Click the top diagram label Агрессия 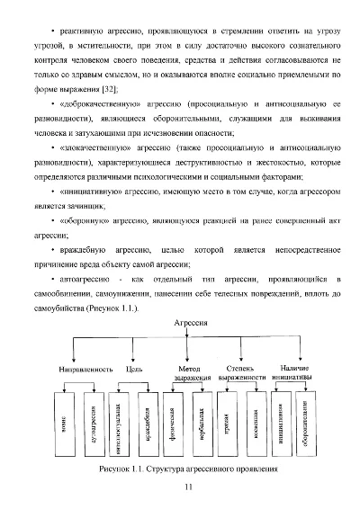(x=182, y=321)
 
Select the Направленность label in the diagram (x=86, y=370)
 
